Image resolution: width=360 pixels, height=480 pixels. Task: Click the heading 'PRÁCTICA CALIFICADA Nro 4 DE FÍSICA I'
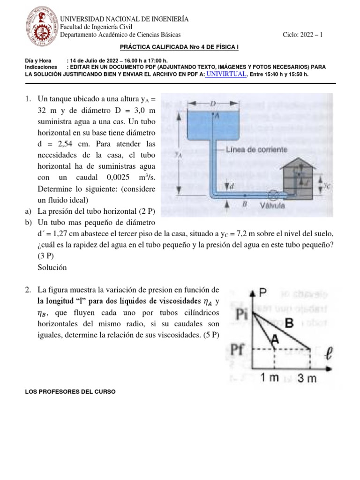pos(180,48)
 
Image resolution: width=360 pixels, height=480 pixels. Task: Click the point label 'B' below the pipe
pos(244,204)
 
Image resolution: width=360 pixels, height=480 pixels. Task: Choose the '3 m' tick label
pos(308,379)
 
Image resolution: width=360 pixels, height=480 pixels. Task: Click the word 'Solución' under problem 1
pos(52,267)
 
